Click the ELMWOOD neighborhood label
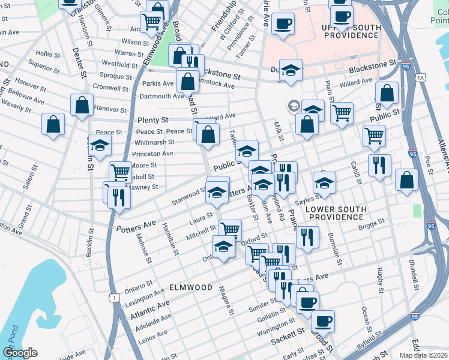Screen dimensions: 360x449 [190, 287]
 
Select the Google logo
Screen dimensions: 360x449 [20, 353]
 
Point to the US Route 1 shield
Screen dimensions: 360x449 [113, 297]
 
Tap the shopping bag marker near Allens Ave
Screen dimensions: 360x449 [406, 181]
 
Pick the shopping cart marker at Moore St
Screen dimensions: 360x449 [120, 172]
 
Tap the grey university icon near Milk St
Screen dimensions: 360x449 [294, 106]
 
